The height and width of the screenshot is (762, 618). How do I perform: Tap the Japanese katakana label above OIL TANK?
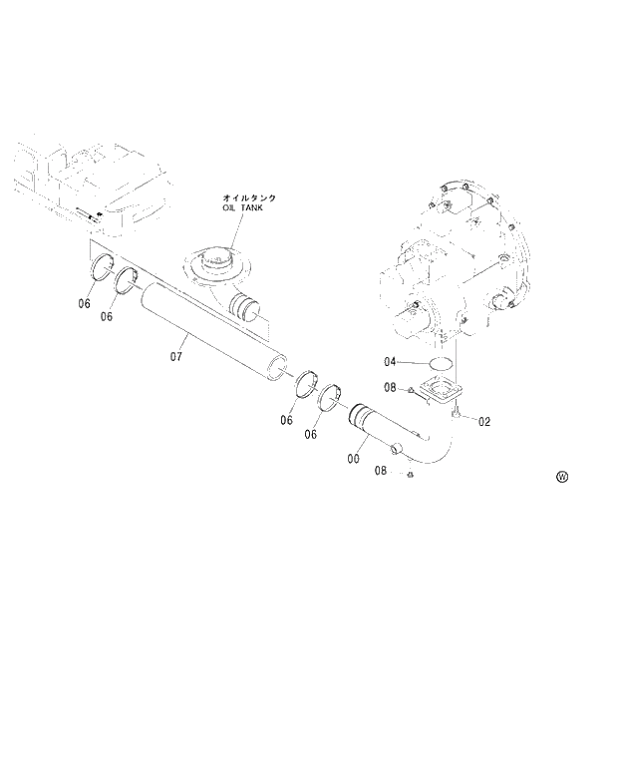point(250,198)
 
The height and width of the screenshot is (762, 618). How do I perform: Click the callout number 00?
point(353,459)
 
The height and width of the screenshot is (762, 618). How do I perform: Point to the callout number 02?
point(484,421)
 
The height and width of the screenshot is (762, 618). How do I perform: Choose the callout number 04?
point(390,362)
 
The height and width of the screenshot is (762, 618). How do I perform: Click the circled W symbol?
point(562,477)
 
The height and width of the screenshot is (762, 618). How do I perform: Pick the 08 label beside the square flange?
point(390,387)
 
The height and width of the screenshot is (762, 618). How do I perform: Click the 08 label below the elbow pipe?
point(380,470)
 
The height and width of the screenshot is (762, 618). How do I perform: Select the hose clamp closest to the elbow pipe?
point(332,396)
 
